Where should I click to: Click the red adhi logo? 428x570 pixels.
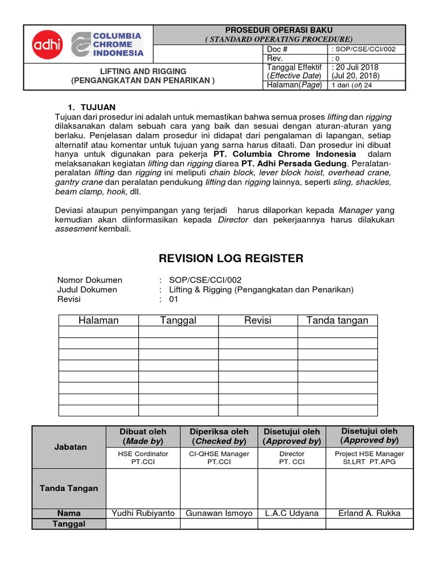48,45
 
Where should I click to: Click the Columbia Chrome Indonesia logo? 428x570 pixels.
108,45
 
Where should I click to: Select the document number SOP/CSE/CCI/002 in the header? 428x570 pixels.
364,50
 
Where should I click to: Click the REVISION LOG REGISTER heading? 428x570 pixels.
231,258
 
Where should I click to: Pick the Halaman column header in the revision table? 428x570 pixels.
99,320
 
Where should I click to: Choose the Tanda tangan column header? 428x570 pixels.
337,320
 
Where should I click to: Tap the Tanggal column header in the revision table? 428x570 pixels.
178,320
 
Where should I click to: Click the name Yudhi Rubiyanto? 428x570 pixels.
143,513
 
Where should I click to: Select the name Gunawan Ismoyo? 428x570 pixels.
219,513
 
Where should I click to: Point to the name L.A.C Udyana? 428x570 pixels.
291,513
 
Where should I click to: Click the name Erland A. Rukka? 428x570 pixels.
369,513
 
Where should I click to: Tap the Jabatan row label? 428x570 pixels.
69,447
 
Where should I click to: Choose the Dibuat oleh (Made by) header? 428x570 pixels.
143,436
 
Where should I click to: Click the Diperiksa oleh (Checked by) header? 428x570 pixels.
219,436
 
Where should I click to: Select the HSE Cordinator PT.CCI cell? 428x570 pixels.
143,458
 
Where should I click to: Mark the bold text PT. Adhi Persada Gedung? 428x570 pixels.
294,164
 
